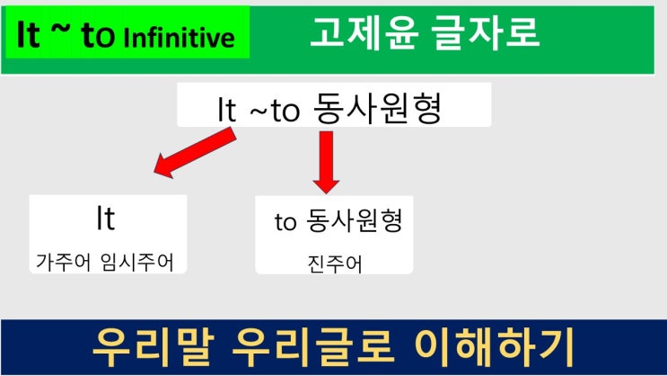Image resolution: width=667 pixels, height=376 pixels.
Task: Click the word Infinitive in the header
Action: coord(179,38)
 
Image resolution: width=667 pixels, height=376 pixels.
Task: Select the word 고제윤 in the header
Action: coord(364,32)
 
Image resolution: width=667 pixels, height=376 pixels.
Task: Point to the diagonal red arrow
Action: coord(195,153)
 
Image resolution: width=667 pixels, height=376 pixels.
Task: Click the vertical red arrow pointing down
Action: coord(326,163)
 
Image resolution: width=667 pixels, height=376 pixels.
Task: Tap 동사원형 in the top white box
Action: coord(378,107)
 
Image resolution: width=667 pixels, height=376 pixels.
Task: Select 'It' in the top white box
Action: coord(226,110)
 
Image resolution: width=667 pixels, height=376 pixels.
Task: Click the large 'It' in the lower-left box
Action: coord(106,219)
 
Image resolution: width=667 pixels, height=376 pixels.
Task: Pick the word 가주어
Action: coord(63,262)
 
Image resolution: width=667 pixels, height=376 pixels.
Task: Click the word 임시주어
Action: coord(137,262)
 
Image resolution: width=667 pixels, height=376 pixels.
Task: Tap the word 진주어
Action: coord(335,264)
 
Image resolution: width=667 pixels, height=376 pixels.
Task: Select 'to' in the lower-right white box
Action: coord(285,222)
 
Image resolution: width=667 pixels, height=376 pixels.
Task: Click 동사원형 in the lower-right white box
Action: coord(355,220)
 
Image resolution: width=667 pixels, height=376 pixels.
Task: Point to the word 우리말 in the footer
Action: coord(154,347)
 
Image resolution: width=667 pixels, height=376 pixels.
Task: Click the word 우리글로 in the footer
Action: coord(312,347)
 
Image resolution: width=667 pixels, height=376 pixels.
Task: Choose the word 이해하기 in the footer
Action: coord(495,347)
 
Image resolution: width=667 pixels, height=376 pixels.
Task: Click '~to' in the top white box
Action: coord(275,111)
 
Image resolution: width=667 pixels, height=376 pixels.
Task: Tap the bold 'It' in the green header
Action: coord(29,34)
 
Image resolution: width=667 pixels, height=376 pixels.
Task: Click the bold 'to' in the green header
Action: coord(98,35)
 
